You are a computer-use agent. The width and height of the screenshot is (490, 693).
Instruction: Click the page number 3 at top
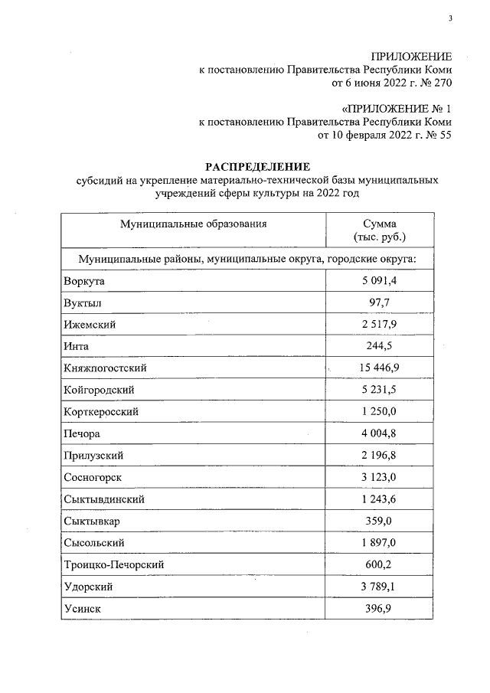pos(451,19)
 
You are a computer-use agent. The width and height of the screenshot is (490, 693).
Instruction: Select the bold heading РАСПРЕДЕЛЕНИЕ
pos(256,165)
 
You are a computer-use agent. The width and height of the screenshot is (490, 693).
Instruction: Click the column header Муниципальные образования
pos(193,224)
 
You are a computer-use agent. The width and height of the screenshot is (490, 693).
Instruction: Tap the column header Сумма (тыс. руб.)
pos(380,230)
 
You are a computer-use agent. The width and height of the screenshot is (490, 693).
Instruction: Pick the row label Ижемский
pos(90,325)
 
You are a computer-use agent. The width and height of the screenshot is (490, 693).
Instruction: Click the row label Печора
pos(83,434)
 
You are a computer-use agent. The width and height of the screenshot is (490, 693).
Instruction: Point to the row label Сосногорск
pos(93,478)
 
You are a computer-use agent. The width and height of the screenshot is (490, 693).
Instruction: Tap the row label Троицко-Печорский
pos(114,565)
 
